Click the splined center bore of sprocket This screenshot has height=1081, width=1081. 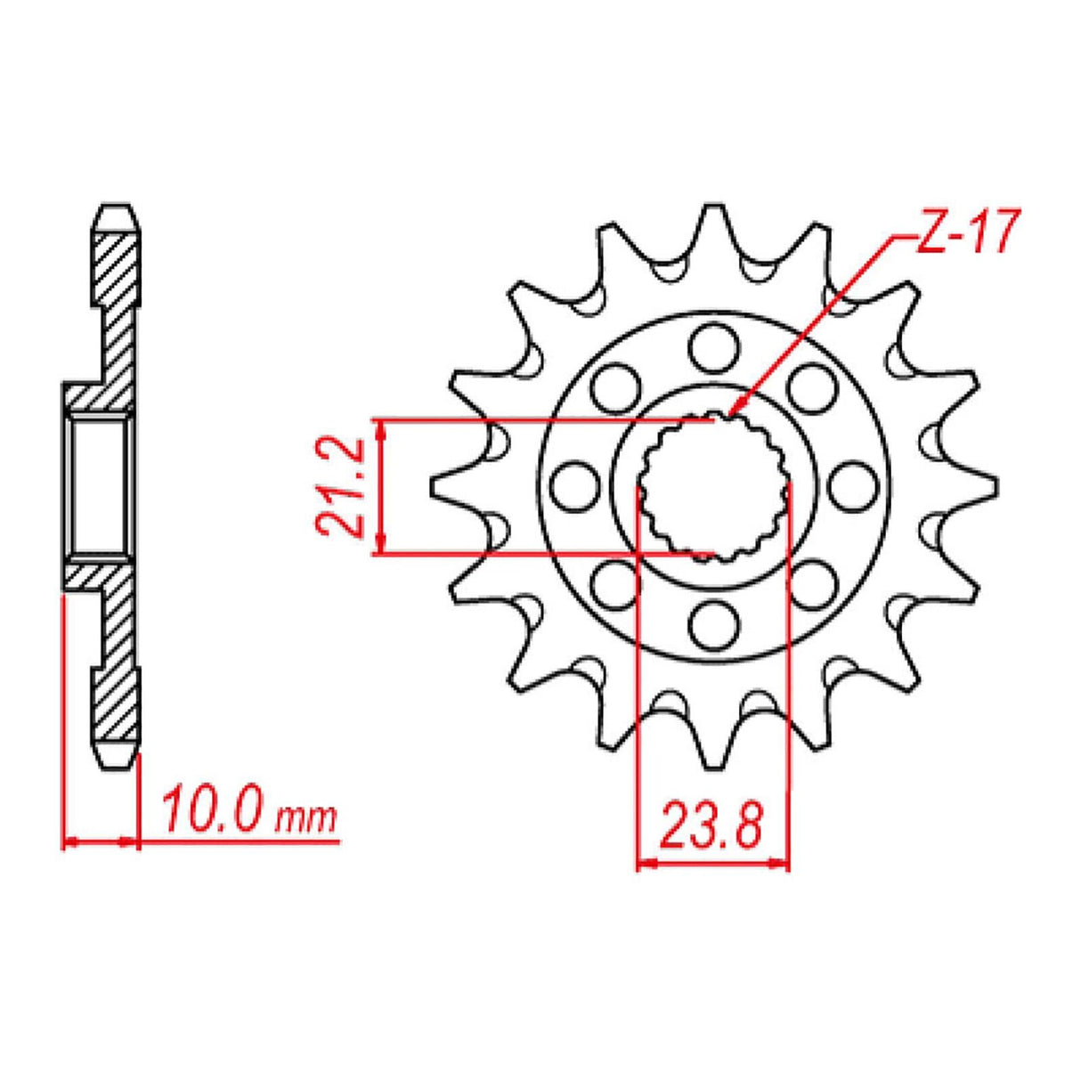717,485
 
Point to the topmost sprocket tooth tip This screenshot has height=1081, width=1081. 712,208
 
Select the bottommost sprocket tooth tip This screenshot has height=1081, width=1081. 712,762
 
